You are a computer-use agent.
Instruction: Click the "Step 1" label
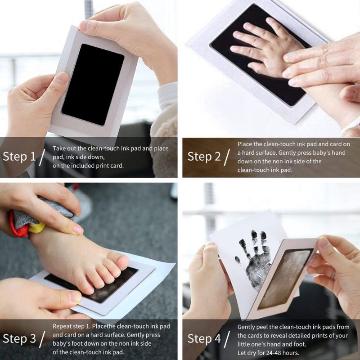click(19, 157)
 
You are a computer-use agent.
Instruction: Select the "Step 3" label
click(19, 338)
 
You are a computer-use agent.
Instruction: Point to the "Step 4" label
click(204, 338)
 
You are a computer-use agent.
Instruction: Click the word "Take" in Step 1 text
click(59, 148)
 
